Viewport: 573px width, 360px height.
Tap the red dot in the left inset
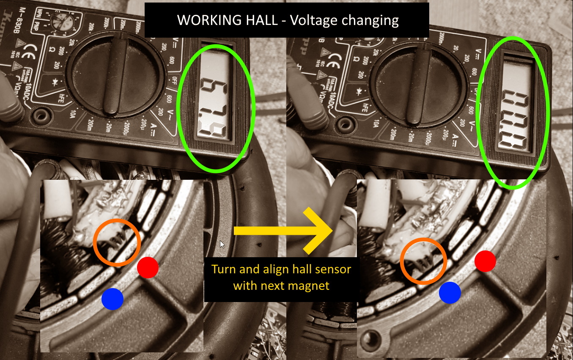coord(148,267)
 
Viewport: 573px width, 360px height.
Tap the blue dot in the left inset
coord(112,299)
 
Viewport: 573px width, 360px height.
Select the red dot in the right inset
coord(485,261)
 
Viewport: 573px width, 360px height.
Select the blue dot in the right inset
coord(450,292)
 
